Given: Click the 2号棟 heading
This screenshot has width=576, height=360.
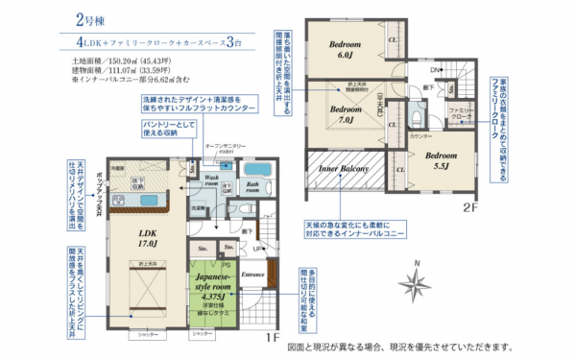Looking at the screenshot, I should click(91, 19).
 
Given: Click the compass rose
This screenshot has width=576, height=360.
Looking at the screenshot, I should click(415, 283).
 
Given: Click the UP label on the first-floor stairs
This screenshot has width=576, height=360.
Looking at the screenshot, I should click(246, 249).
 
